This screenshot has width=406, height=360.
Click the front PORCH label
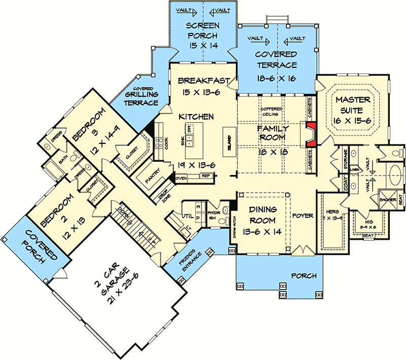[304, 276]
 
